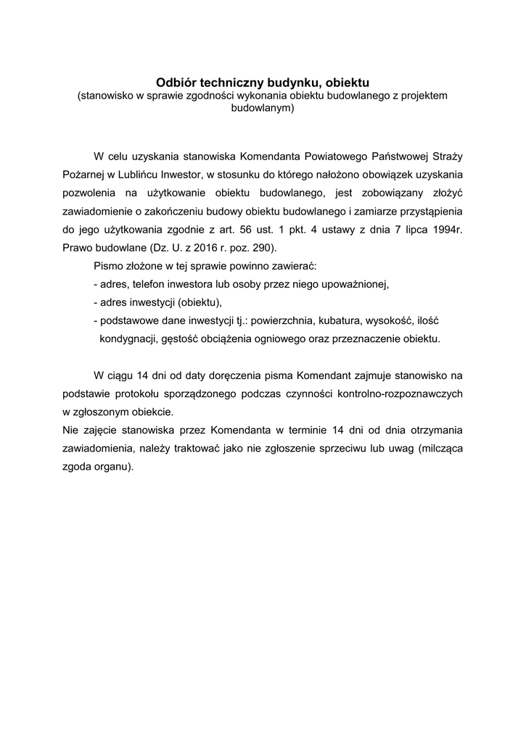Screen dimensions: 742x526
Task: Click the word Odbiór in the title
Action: pyautogui.click(x=176, y=83)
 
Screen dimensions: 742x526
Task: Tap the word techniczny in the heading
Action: pyautogui.click(x=231, y=83)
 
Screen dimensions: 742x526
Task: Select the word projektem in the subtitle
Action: pyautogui.click(x=425, y=96)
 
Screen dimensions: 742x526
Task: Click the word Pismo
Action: pyautogui.click(x=109, y=265)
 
